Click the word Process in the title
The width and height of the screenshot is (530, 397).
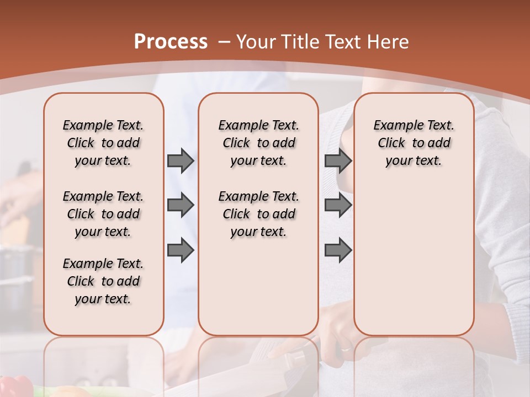pos(171,42)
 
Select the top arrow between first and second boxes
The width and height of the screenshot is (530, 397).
pos(181,161)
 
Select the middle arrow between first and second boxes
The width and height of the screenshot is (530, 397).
pos(181,206)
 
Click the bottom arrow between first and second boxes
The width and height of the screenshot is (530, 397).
pos(181,250)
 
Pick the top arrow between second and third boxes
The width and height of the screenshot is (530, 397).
pos(338,161)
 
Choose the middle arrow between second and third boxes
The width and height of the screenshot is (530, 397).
pos(338,206)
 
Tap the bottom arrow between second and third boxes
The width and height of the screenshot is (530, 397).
pos(338,250)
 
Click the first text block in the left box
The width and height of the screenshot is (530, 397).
pos(103,143)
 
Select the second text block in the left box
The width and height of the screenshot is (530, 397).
pos(103,214)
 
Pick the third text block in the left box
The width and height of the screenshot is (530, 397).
pos(103,281)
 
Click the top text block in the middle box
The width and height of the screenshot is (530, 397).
pos(258,143)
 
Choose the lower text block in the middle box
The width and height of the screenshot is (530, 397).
pos(258,214)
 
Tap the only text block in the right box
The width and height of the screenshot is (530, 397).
pos(414,143)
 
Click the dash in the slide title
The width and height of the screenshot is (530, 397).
pos(224,42)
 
